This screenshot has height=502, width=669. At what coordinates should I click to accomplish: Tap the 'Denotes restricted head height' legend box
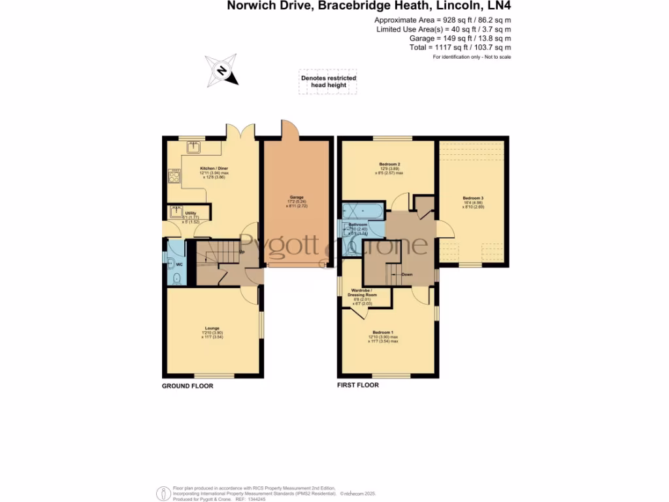pos(328,82)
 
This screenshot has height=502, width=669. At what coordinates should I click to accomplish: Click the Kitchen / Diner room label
pos(214,171)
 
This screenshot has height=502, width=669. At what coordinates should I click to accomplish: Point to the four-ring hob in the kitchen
pos(175,176)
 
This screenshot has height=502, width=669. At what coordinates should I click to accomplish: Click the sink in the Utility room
pos(175,212)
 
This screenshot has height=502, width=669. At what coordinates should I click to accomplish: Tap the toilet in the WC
pos(177,278)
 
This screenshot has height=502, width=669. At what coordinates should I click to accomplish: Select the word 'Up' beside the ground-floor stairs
pos(242,252)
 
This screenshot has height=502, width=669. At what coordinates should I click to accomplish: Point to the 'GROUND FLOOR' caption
pos(188,386)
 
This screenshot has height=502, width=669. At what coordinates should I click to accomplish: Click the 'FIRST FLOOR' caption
pos(357,385)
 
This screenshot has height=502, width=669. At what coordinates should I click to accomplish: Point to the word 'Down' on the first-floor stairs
pos(407,275)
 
